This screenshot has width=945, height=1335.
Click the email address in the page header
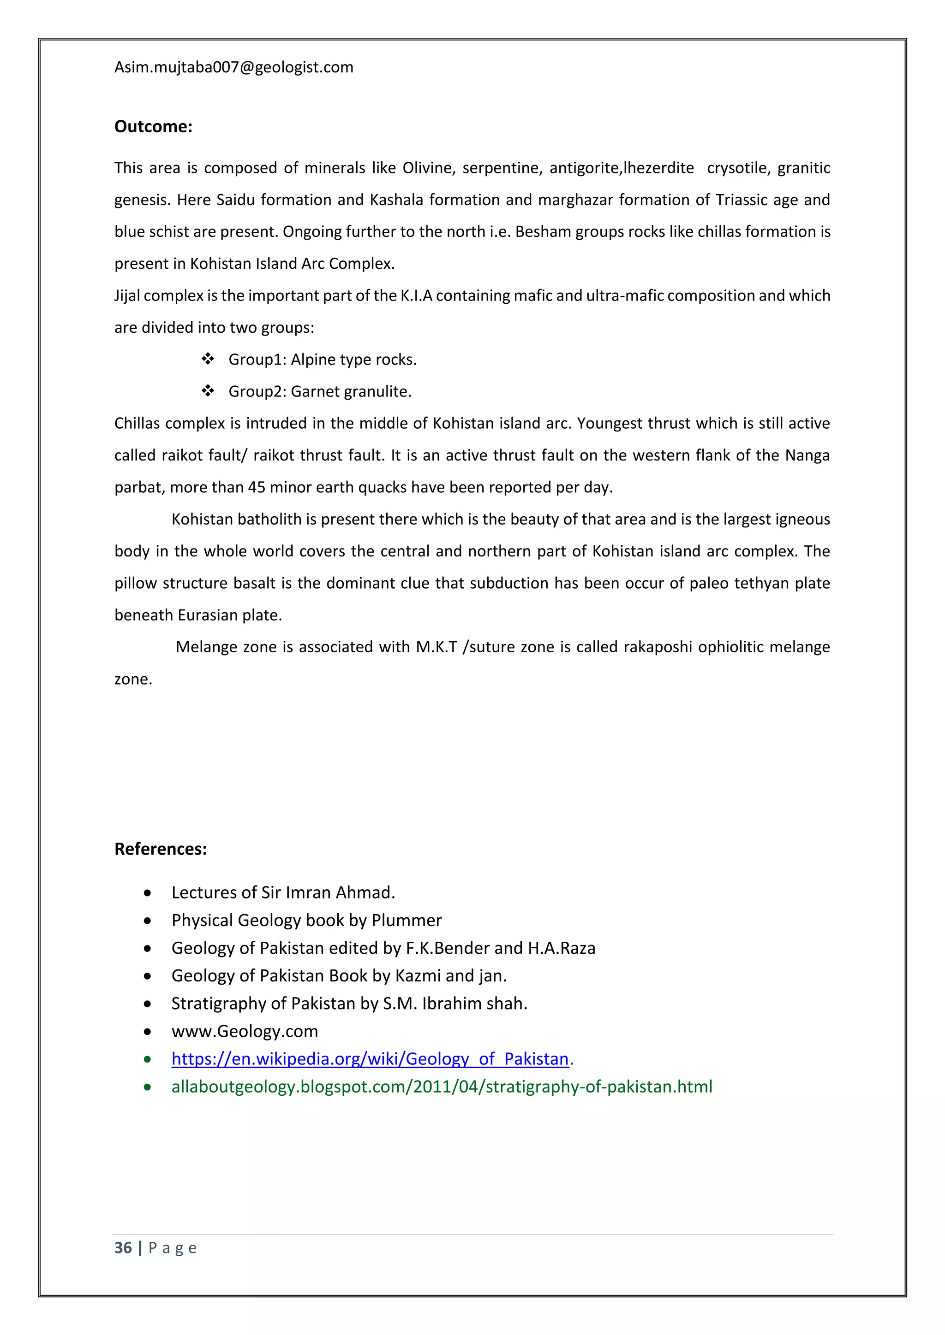pyautogui.click(x=233, y=67)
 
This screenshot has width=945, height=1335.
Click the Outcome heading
pyautogui.click(x=153, y=127)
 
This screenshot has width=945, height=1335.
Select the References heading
pyautogui.click(x=161, y=849)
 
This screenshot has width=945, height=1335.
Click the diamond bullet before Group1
pyautogui.click(x=208, y=359)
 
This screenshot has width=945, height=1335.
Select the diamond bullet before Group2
pyautogui.click(x=208, y=391)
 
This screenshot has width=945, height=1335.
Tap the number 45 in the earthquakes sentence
pyautogui.click(x=257, y=487)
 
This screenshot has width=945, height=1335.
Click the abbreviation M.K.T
pyautogui.click(x=436, y=647)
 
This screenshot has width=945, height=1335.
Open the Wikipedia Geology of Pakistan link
pyautogui.click(x=370, y=1059)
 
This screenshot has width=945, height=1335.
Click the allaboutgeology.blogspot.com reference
pyautogui.click(x=442, y=1087)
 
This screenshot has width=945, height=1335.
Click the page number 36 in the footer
pyautogui.click(x=123, y=1248)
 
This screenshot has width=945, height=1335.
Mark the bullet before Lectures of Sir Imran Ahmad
pyautogui.click(x=148, y=893)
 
